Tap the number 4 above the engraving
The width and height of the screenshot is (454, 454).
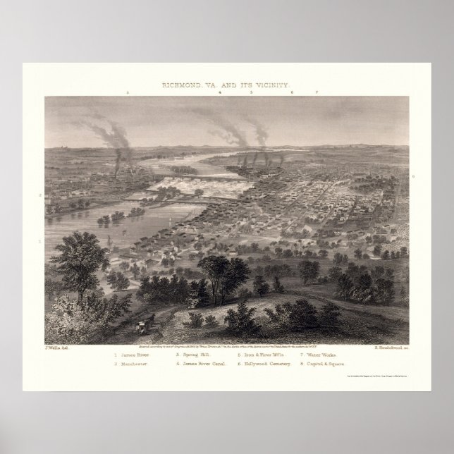pos(219,93)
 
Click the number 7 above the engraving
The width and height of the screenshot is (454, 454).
pos(318,93)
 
